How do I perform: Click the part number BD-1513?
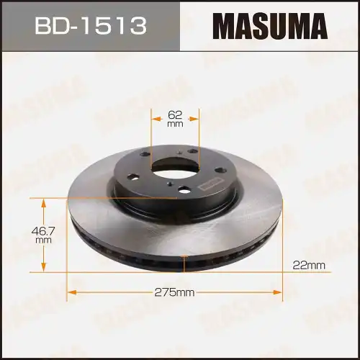coord(90,27)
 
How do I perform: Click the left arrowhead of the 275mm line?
coord(69,292)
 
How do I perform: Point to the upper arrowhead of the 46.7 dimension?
coord(42,199)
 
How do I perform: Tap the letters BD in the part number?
coord(49,27)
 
